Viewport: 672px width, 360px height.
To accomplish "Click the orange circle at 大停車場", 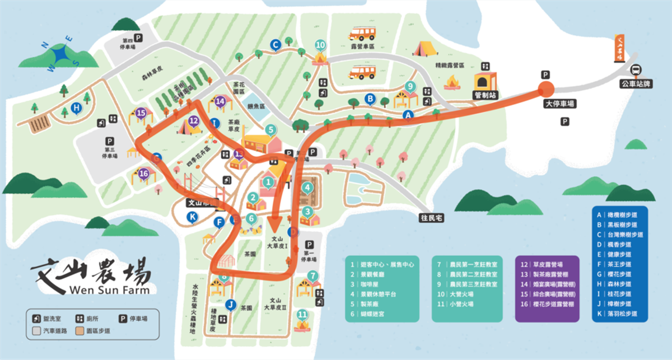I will click(546, 88).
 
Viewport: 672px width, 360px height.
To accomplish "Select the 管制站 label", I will click(486, 96).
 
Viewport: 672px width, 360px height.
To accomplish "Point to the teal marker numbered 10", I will click(320, 45).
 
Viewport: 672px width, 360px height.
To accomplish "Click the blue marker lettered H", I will click(77, 109).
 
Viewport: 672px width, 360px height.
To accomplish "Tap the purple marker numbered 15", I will click(141, 113).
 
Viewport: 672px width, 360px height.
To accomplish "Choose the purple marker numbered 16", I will click(143, 174).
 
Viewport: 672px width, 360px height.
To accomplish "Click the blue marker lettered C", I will click(275, 44).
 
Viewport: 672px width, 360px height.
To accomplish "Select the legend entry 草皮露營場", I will click(549, 264).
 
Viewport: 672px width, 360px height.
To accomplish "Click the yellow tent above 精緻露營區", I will click(425, 49).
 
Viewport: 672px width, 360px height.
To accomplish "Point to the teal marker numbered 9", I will click(410, 86).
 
